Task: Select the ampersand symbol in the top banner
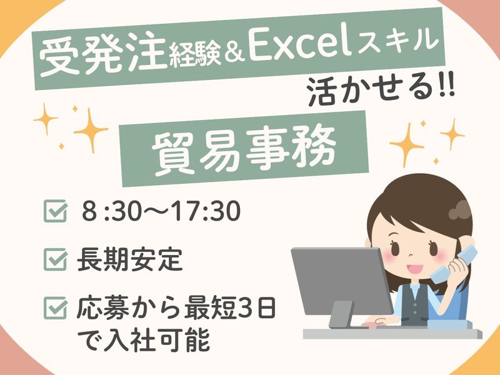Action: pyautogui.click(x=234, y=54)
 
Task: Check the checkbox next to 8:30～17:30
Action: pyautogui.click(x=56, y=211)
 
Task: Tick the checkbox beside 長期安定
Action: pyautogui.click(x=56, y=259)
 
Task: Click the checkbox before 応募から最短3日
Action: pyautogui.click(x=56, y=308)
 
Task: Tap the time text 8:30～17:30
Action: pyautogui.click(x=161, y=211)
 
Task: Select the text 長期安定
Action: pyautogui.click(x=130, y=259)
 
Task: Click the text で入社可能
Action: pyautogui.click(x=144, y=340)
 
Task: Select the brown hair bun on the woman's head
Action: pyautogui.click(x=460, y=210)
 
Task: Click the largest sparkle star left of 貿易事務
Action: pyautogui.click(x=91, y=131)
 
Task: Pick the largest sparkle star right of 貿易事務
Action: pyautogui.click(x=407, y=146)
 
